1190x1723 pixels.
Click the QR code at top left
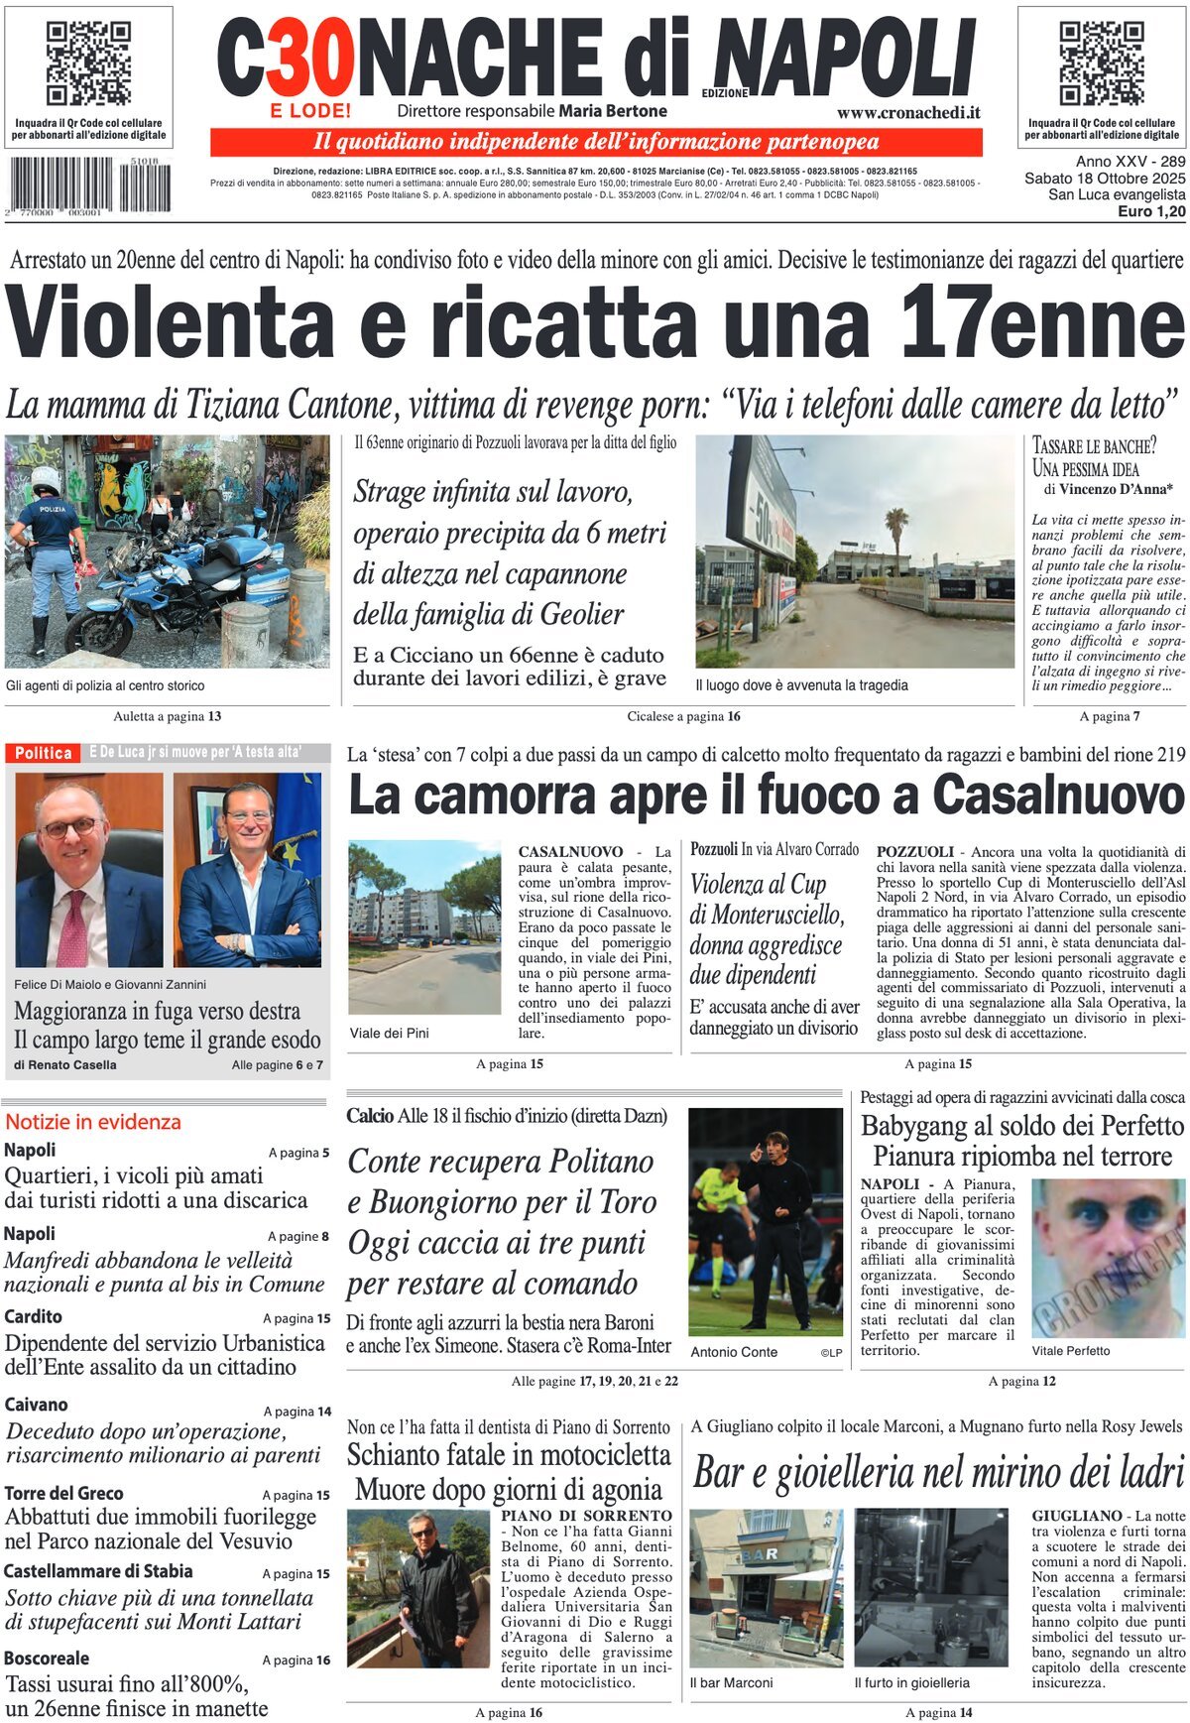point(88,63)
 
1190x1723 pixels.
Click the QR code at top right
point(1101,63)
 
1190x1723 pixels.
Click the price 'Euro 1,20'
point(1151,211)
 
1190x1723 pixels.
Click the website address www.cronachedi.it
point(908,113)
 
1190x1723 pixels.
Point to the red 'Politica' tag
point(44,753)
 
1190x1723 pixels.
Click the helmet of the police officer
point(45,480)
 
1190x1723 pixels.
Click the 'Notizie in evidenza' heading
point(93,1122)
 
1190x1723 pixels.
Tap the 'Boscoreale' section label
point(47,1659)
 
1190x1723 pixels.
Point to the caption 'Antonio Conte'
point(734,1352)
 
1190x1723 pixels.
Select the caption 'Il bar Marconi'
point(731,1682)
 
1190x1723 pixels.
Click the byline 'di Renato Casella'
point(65,1064)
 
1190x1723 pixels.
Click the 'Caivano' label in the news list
point(37,1405)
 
